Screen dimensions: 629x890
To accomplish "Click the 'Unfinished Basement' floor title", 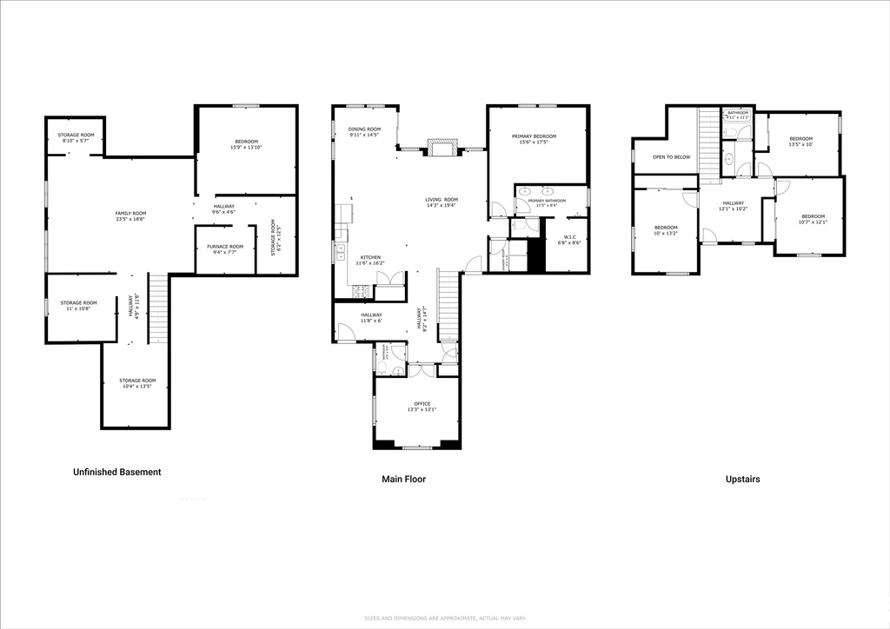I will (x=116, y=473).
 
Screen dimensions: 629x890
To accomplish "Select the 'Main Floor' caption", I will (x=404, y=479).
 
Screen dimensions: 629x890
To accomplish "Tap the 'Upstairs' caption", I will (x=742, y=479).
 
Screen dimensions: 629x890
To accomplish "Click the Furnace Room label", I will (x=224, y=247).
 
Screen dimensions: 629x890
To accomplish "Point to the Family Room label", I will (x=131, y=213).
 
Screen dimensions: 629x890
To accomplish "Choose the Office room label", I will (x=422, y=403).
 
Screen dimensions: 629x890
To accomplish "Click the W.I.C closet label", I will (x=569, y=236).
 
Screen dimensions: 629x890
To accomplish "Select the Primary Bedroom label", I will (x=534, y=136).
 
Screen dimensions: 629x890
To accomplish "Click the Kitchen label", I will (x=371, y=258).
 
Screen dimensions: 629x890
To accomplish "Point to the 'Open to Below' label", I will (x=671, y=157).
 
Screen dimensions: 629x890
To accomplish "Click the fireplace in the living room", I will (x=442, y=149).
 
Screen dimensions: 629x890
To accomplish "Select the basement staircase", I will (x=157, y=308).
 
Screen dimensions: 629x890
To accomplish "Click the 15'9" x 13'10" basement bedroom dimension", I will (x=246, y=148).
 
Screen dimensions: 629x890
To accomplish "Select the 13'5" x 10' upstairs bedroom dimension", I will (x=800, y=145).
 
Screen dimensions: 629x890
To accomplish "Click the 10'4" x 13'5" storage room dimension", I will (x=137, y=387).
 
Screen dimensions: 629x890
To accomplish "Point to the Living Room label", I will (x=442, y=200).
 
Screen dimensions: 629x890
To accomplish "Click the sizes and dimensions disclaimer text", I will (x=444, y=619).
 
